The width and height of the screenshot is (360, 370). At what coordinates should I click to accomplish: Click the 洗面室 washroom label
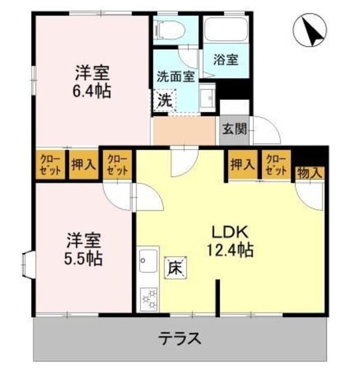[x=176, y=76]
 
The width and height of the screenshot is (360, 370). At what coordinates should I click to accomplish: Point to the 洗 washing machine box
[x=165, y=99]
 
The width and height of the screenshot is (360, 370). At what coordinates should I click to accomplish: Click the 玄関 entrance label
[x=235, y=128]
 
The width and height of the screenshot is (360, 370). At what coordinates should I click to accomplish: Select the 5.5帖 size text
[x=84, y=257]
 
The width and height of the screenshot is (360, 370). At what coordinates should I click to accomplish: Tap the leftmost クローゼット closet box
[x=50, y=165]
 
